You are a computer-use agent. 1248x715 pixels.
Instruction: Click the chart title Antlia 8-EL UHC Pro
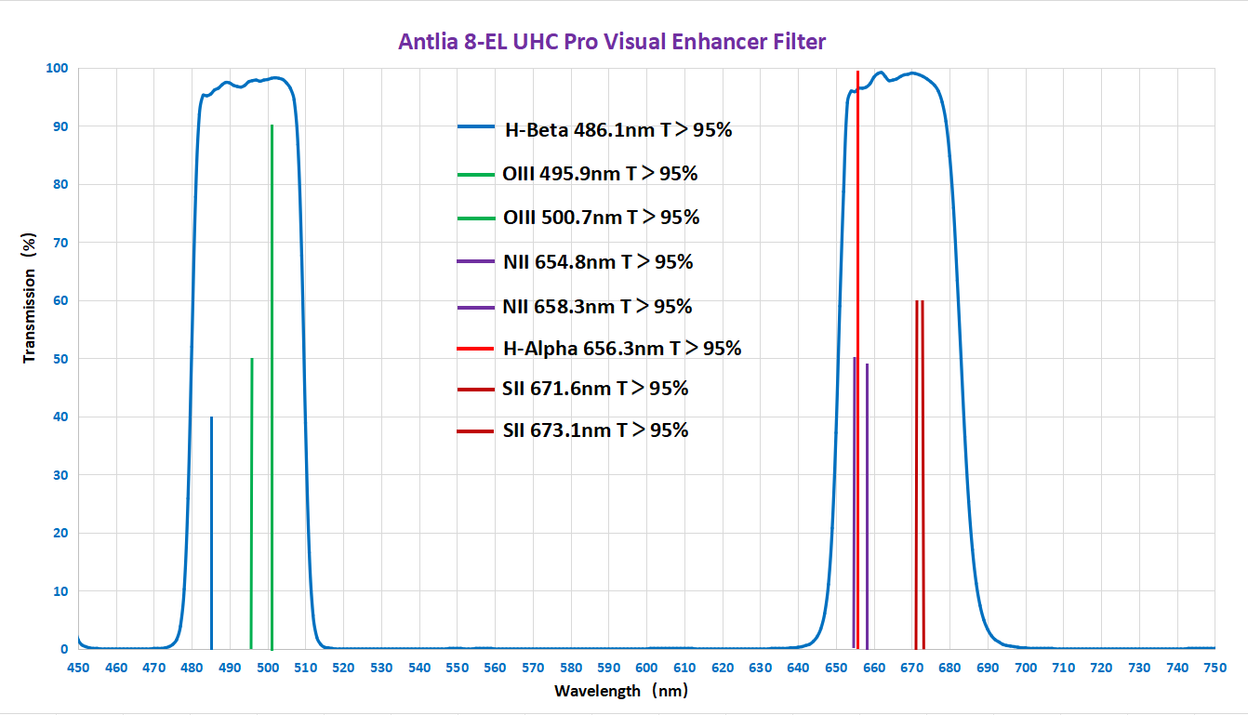pyautogui.click(x=612, y=42)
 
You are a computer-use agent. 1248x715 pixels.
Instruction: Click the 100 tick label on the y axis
pyautogui.click(x=57, y=68)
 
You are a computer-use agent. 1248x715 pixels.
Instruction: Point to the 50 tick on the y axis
pyautogui.click(x=60, y=359)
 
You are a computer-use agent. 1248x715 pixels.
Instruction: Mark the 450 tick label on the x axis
pyautogui.click(x=78, y=668)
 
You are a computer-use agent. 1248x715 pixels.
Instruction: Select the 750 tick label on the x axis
pyautogui.click(x=1215, y=668)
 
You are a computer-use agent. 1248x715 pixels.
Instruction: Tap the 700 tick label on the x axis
pyautogui.click(x=1025, y=668)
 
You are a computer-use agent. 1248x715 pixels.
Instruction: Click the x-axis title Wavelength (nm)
pyautogui.click(x=620, y=691)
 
